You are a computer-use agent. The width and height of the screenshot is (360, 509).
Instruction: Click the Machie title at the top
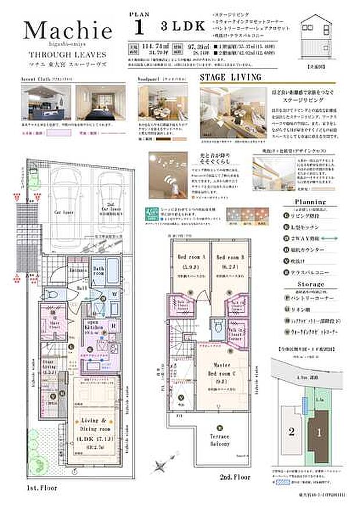pyautogui.click(x=68, y=30)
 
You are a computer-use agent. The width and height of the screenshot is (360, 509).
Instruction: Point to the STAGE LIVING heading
pyautogui.click(x=230, y=77)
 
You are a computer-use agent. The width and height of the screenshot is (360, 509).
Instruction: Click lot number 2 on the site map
pyautogui.click(x=291, y=431)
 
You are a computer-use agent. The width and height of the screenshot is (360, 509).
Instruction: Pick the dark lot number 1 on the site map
pyautogui.click(x=318, y=431)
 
